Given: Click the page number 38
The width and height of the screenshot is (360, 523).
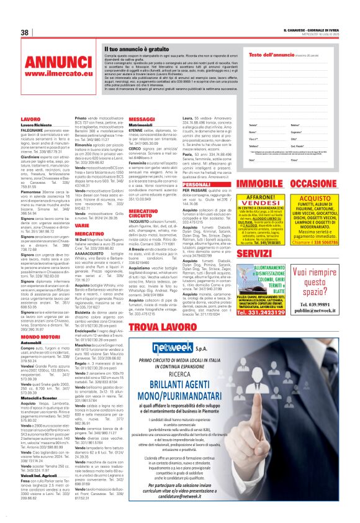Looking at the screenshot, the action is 25,32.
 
